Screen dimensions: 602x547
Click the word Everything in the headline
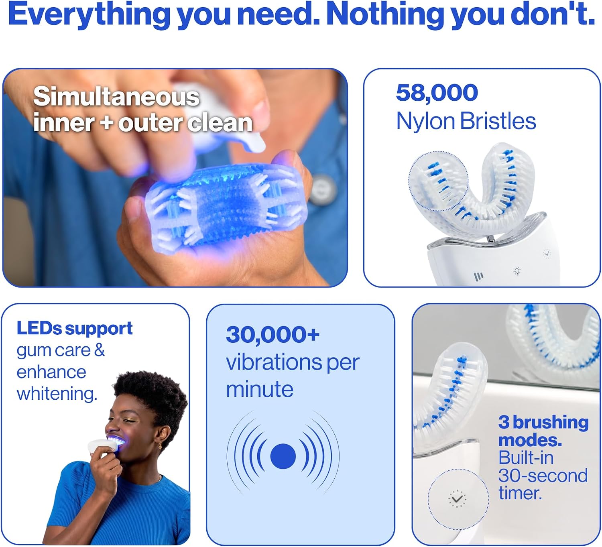[x=89, y=15]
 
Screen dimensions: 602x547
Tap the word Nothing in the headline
[x=385, y=15]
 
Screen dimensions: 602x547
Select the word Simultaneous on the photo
[x=116, y=97]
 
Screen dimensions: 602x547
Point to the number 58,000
[x=437, y=93]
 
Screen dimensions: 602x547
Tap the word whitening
[x=57, y=394]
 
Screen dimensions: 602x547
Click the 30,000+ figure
[x=273, y=334]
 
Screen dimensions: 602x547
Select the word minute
[x=260, y=390]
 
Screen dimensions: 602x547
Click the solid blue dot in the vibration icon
[x=283, y=456]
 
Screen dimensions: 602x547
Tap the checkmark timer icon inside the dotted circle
[x=457, y=499]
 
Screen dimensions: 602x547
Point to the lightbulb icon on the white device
[x=517, y=271]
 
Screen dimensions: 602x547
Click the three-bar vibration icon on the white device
[x=478, y=277]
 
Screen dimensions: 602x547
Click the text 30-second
[x=543, y=476]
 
